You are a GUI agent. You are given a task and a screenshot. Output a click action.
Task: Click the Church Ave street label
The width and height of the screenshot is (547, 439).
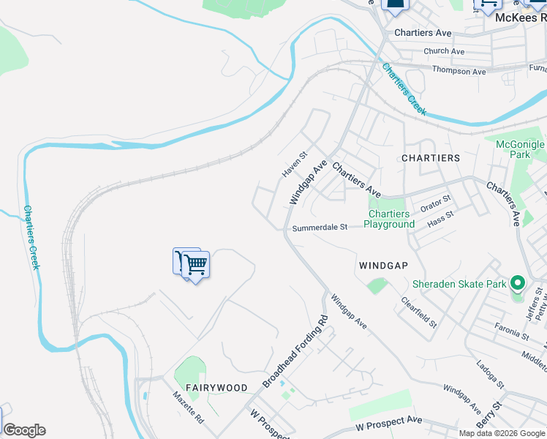click(x=444, y=51)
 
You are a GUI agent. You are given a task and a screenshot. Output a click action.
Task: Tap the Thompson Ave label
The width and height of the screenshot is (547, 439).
click(x=459, y=71)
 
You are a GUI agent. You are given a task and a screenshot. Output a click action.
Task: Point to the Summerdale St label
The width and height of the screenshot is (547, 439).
click(x=320, y=228)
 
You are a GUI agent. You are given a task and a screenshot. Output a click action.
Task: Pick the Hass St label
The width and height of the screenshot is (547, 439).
click(x=440, y=217)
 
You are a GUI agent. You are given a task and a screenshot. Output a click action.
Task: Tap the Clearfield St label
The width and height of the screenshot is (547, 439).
click(x=419, y=312)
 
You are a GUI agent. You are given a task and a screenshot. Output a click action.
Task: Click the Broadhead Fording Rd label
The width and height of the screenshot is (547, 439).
click(x=295, y=352)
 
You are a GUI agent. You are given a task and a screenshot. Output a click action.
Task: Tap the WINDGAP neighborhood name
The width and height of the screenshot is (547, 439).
click(x=382, y=264)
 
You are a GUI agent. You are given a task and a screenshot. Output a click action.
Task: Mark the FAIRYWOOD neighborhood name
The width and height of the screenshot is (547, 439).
click(x=216, y=387)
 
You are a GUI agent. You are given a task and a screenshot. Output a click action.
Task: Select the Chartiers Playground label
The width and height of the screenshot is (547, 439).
click(x=389, y=219)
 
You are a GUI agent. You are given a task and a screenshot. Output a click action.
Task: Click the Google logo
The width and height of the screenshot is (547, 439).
click(x=24, y=430)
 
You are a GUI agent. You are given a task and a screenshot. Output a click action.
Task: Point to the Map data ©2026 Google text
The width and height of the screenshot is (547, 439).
click(x=501, y=433)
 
